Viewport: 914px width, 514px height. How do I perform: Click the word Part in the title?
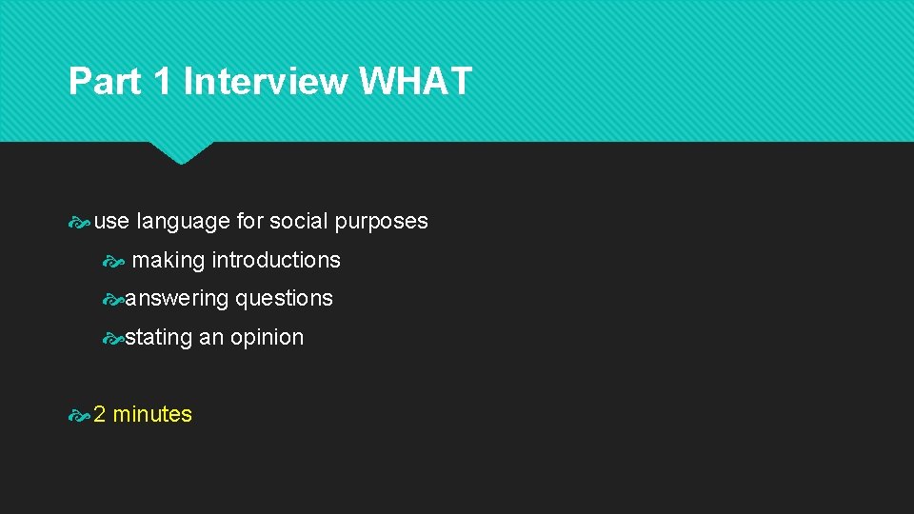(105, 82)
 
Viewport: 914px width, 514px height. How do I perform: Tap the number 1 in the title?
(163, 82)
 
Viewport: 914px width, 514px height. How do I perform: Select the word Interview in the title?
(266, 82)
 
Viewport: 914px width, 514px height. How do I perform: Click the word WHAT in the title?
(415, 82)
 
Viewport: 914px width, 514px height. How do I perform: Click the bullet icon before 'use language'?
(80, 222)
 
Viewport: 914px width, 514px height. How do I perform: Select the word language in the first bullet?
(183, 222)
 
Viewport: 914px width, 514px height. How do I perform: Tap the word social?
(298, 222)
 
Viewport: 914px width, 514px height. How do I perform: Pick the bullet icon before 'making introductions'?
(114, 261)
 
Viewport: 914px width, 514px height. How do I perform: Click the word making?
(169, 261)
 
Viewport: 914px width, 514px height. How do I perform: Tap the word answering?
(177, 299)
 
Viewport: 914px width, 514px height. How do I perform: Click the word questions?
(285, 299)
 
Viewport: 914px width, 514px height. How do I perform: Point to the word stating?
(159, 337)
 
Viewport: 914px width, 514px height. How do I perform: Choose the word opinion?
(267, 338)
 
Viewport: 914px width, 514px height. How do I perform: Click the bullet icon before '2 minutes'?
(80, 415)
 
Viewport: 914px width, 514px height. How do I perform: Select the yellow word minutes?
(152, 414)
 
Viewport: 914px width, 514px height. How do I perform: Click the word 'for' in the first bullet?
(249, 222)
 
